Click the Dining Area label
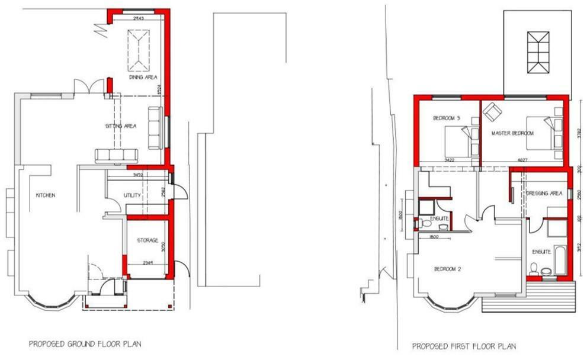coord(142,78)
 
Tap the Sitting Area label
coord(120,126)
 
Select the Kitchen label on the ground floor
coord(45,195)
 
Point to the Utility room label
coord(131,195)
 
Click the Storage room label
coord(147,240)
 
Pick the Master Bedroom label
coord(512,134)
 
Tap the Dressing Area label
coord(544,194)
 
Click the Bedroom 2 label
coord(448,269)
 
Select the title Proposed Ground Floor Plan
coord(85,343)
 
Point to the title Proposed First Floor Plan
coord(464,346)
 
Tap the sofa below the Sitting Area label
coord(117,156)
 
